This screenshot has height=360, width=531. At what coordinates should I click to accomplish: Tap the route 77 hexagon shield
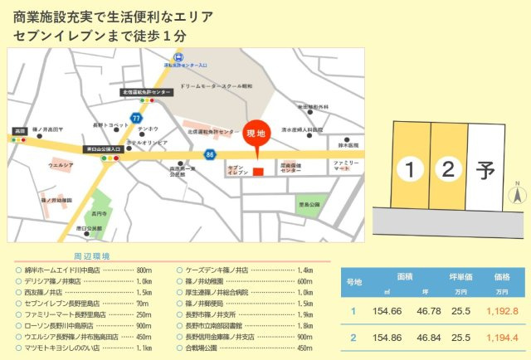click(134, 119)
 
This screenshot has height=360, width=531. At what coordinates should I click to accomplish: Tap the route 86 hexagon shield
click(211, 154)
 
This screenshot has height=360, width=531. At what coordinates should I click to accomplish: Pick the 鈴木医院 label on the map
click(348, 145)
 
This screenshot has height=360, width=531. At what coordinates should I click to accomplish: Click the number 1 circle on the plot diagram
click(409, 170)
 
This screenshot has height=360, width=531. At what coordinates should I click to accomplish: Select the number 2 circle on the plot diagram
click(448, 170)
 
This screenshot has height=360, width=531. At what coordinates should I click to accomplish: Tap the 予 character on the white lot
click(485, 171)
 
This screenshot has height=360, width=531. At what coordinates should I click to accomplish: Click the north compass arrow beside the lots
click(516, 196)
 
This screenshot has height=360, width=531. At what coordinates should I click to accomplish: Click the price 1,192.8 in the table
click(502, 311)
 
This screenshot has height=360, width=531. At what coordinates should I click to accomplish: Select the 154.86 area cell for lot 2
click(387, 338)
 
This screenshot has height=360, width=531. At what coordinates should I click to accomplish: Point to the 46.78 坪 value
click(429, 311)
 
